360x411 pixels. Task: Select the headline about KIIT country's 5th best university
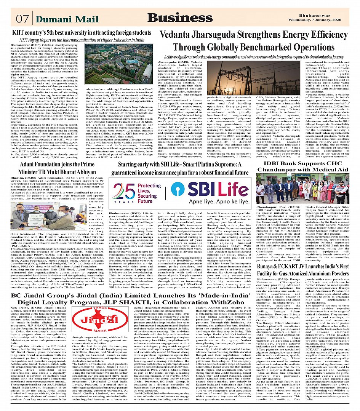point(82,33)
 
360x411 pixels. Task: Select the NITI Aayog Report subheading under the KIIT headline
point(81,40)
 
